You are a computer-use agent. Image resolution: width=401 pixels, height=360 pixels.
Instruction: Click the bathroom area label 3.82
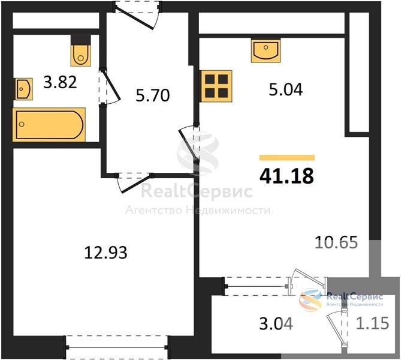coord(60,82)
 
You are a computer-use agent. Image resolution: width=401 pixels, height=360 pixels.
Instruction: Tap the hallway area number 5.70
coord(153,95)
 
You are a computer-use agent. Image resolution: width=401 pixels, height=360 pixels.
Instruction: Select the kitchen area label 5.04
coord(286,89)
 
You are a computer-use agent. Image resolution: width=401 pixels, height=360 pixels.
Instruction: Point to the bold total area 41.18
coord(287,176)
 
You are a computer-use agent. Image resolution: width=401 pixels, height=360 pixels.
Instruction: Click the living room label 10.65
coord(336,242)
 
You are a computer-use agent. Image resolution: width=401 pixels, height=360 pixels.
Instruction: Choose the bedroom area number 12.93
coord(105,252)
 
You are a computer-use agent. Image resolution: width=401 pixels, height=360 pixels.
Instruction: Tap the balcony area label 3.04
coord(276,323)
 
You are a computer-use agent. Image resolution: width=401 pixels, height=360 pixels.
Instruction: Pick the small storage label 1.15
coord(373,323)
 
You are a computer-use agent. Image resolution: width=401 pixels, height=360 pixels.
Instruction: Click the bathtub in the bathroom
coord(49,125)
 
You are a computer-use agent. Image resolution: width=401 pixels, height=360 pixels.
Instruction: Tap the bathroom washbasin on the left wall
coord(23,89)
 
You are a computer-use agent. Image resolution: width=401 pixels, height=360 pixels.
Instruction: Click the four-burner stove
coord(216,86)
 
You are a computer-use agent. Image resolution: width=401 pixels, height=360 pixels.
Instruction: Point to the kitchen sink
coord(266,50)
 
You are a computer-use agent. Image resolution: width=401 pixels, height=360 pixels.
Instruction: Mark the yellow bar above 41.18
coord(287,158)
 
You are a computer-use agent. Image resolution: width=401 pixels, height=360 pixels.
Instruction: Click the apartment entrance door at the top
coord(137,14)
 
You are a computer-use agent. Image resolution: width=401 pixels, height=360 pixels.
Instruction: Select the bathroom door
coord(110,86)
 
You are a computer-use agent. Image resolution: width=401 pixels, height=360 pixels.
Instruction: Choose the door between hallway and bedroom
coord(134,182)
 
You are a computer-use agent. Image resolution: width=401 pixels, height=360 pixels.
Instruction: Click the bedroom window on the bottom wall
coord(117,347)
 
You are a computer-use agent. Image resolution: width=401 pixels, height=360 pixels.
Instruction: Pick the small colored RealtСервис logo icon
coord(310,299)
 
